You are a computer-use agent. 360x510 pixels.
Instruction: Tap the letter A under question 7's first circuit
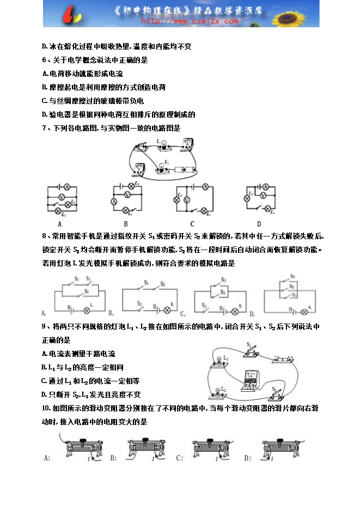click(x=59, y=223)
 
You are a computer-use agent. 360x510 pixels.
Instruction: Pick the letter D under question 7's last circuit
click(x=259, y=223)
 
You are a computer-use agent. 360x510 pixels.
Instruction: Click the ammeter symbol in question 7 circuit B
click(x=114, y=201)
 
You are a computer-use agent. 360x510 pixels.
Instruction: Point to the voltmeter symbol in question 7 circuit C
click(x=187, y=200)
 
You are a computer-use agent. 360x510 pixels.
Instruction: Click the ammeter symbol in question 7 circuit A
click(x=68, y=186)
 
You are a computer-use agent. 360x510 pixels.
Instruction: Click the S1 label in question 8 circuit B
click(x=146, y=283)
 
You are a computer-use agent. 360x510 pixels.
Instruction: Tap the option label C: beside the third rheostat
click(x=180, y=458)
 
